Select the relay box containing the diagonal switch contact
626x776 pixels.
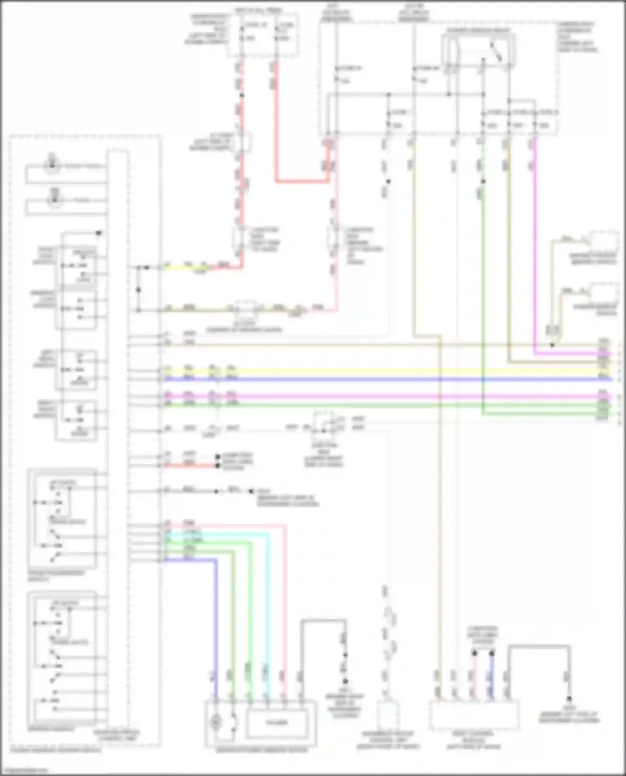(x=478, y=51)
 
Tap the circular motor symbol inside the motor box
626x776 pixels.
(x=216, y=722)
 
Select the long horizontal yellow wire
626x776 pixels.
(x=376, y=370)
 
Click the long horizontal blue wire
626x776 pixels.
(x=376, y=379)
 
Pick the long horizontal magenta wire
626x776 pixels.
(x=376, y=396)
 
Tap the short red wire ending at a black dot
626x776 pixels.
(x=190, y=465)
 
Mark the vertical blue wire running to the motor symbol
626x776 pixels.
(x=216, y=625)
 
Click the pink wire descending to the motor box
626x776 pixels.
(x=285, y=605)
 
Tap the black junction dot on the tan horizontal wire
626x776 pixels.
(x=552, y=345)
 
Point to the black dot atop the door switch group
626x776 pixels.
(x=99, y=233)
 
